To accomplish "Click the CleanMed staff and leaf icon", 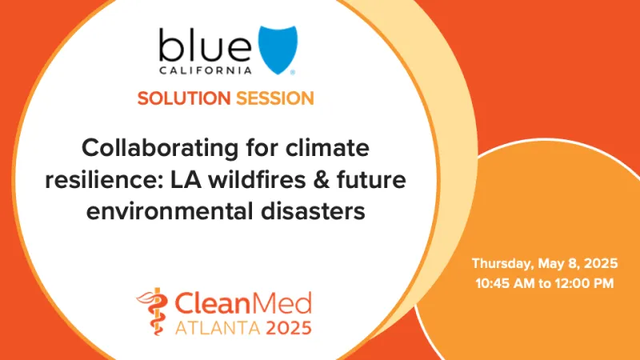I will pyautogui.click(x=153, y=311).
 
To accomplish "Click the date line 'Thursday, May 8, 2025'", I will pyautogui.click(x=545, y=263).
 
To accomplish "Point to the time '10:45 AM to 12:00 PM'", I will pyautogui.click(x=545, y=282).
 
